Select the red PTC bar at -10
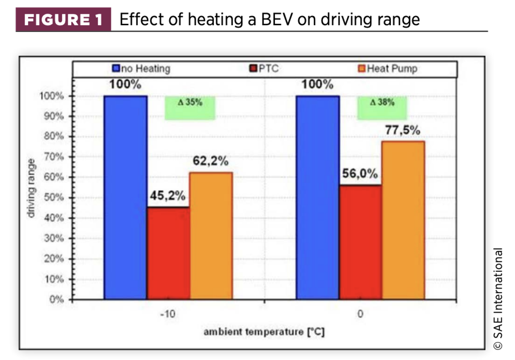(168, 253)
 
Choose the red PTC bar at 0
(360, 242)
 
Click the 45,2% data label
(168, 197)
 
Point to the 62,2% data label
(211, 161)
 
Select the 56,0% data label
(360, 175)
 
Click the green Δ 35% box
(190, 108)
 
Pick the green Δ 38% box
(382, 108)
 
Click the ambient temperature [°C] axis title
(264, 332)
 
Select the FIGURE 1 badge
(63, 20)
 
